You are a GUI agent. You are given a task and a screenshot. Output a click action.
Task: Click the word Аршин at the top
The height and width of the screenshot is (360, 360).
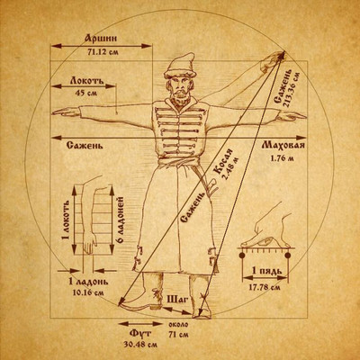click(101, 39)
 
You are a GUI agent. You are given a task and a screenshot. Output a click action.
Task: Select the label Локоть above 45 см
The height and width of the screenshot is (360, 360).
click(87, 80)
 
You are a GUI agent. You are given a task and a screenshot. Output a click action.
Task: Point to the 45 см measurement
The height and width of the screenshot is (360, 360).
click(86, 93)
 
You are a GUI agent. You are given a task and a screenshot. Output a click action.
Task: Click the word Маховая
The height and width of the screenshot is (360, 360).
click(283, 146)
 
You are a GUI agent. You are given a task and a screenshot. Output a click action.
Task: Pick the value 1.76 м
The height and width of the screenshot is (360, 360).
click(282, 158)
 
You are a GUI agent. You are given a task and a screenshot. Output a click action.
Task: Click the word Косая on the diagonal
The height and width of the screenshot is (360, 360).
click(222, 163)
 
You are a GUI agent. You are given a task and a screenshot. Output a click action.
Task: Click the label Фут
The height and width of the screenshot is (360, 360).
click(140, 334)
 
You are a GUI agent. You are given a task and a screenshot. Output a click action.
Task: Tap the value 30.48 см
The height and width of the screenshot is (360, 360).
click(140, 345)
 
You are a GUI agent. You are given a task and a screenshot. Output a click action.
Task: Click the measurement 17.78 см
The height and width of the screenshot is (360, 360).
click(265, 287)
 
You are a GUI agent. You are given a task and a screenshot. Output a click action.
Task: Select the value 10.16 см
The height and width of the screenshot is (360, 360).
click(88, 292)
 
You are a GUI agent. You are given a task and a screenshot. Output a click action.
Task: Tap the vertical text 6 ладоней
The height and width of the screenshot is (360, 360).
click(121, 220)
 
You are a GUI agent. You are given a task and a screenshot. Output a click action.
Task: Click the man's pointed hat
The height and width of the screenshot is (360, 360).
click(179, 66)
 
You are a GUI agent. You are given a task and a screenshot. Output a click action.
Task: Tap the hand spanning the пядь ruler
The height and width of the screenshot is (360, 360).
click(267, 229)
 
